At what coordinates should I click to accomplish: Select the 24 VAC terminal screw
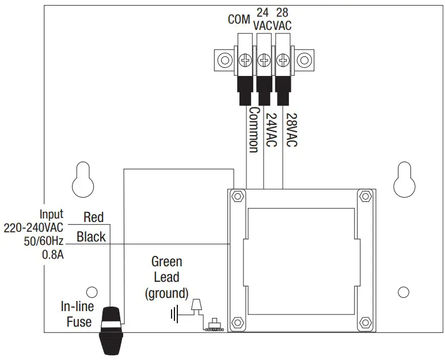pyautogui.click(x=264, y=59)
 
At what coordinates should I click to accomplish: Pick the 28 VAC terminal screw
pyautogui.click(x=283, y=59)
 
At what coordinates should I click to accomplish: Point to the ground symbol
pyautogui.click(x=174, y=313)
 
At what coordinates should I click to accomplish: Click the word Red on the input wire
pyautogui.click(x=93, y=217)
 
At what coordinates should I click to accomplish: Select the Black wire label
pyautogui.click(x=91, y=236)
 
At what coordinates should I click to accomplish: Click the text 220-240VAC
pyautogui.click(x=33, y=228)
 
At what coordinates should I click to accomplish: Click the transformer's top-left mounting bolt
pyautogui.click(x=236, y=197)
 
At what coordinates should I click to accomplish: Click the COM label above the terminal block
pyautogui.click(x=239, y=20)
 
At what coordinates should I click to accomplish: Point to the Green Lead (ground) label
pyautogui.click(x=166, y=277)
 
